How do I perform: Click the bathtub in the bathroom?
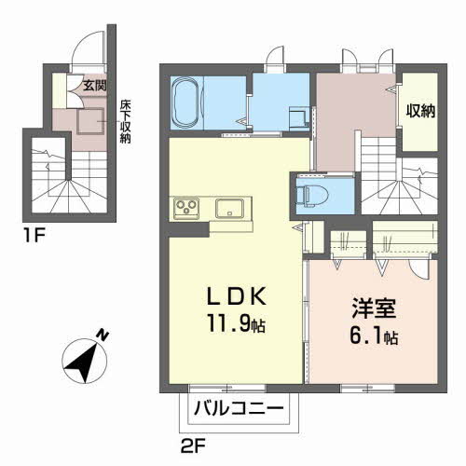(x=186, y=103)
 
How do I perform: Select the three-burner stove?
(x=186, y=207)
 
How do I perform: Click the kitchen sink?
(x=229, y=209)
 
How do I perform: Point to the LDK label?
(x=237, y=296)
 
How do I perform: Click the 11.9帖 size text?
(x=237, y=322)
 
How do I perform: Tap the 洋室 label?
(x=374, y=308)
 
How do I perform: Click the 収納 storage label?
(x=420, y=111)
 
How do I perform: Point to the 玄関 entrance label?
(x=95, y=85)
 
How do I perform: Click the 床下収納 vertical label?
(x=125, y=121)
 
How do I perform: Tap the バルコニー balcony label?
(x=239, y=408)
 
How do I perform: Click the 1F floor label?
(x=34, y=236)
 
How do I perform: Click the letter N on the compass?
(x=103, y=336)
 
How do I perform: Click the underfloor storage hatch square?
(x=90, y=121)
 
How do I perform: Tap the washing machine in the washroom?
(x=299, y=119)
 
